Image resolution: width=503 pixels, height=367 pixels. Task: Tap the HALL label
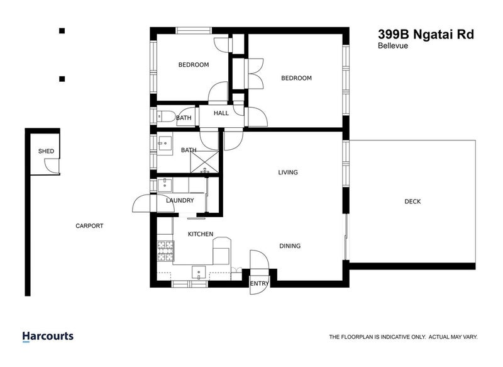221,113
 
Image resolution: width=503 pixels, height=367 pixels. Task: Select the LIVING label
289,172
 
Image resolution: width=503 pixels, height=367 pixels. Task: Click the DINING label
290,246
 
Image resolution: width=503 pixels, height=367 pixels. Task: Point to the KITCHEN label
201,234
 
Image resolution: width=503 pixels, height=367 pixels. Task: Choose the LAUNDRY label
180,201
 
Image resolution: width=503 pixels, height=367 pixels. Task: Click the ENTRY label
259,283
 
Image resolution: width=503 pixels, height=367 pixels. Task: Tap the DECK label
412,201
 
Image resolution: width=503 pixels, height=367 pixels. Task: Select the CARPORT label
89,226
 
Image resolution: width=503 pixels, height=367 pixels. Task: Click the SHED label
45,151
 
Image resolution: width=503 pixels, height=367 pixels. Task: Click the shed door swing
50,165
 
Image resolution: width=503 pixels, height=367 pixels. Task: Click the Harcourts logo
48,336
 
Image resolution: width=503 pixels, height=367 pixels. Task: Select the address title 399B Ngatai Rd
425,34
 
